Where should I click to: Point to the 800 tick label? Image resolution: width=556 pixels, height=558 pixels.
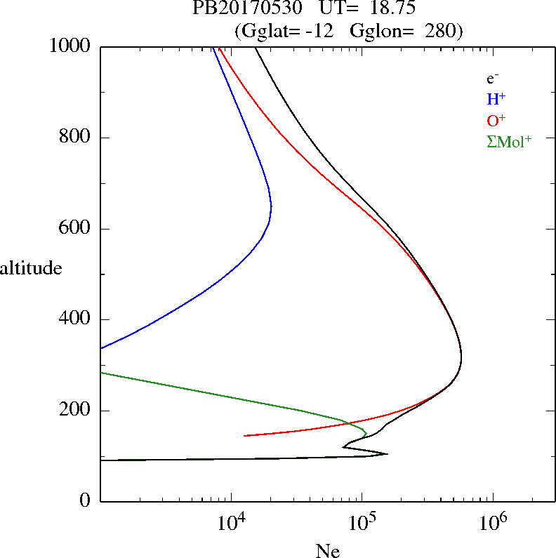click(x=77, y=138)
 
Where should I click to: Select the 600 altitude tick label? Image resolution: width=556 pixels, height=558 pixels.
click(x=77, y=229)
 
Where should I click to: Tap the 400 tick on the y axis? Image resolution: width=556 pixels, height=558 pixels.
click(x=77, y=319)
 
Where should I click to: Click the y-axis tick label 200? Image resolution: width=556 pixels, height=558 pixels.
click(x=77, y=411)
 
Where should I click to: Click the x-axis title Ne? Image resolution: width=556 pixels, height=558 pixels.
click(x=327, y=550)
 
